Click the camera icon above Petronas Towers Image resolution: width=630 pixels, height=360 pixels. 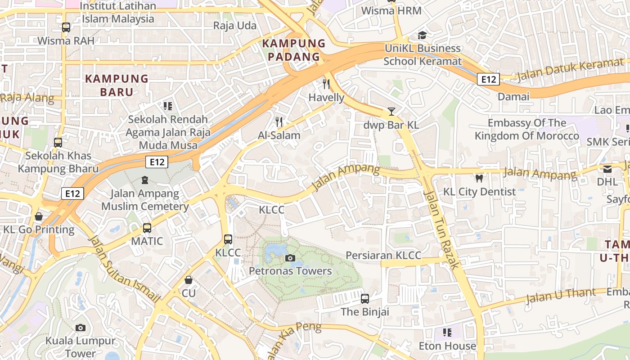290,258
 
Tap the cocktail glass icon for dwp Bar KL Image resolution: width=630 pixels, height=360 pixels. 391,112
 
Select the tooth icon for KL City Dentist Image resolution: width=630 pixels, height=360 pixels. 479,178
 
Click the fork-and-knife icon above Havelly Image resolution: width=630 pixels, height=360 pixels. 327,84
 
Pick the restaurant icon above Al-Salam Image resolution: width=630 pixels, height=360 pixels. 279,121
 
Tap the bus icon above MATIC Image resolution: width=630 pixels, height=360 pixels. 147,228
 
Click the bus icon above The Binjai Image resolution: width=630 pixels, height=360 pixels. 365,298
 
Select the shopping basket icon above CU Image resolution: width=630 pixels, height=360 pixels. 189,280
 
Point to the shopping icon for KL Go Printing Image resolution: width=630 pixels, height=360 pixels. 39,216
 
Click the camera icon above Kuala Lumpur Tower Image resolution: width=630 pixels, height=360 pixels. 81,328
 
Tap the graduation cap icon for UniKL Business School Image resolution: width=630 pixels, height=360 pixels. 422,35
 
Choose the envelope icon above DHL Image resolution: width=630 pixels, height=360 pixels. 607,169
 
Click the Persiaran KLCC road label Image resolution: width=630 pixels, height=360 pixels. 383,256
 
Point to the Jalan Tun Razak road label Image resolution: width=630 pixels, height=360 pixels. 441,229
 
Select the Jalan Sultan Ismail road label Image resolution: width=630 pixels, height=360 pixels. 125,269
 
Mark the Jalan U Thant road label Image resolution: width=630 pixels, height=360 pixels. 560,295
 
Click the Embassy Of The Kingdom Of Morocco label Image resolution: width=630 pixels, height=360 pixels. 527,129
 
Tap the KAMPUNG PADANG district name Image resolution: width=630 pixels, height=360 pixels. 293,50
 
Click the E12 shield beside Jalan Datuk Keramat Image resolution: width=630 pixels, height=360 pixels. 488,80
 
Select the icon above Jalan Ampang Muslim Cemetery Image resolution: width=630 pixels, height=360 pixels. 145,180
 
